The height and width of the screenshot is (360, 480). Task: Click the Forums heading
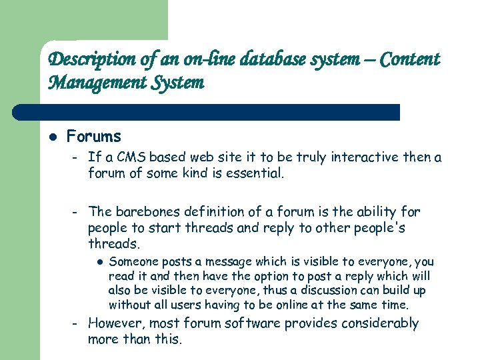coord(94,137)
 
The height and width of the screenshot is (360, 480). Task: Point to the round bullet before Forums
coord(54,137)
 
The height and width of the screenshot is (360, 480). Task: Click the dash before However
coord(76,324)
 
